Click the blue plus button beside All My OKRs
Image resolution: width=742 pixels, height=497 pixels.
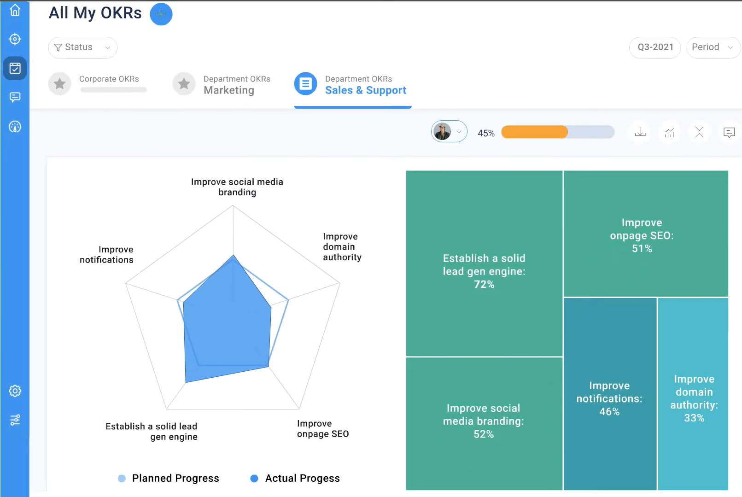(x=161, y=14)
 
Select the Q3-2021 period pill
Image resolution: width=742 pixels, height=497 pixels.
(x=655, y=47)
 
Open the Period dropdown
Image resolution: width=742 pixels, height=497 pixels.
(x=712, y=47)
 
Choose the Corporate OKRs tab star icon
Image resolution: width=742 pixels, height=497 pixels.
(x=59, y=84)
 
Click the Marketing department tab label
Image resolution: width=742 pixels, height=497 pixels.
(x=229, y=90)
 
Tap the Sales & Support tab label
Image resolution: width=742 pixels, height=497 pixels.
(x=365, y=90)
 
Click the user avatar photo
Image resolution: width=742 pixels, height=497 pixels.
(x=443, y=132)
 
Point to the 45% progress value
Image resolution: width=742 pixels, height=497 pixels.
(x=486, y=133)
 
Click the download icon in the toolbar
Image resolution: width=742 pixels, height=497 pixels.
(x=640, y=132)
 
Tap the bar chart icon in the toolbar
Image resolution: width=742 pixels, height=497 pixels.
(x=670, y=133)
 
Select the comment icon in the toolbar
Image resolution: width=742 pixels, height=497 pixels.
(x=729, y=133)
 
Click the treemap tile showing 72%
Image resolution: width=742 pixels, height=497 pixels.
(x=484, y=271)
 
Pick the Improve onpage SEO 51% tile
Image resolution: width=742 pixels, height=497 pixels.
(x=642, y=235)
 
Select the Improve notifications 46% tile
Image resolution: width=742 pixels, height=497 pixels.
(x=609, y=398)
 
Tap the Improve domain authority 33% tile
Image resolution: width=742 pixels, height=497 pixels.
(x=694, y=398)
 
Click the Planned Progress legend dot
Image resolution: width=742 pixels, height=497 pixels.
(x=122, y=479)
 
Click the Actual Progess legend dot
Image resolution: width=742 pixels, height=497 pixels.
(x=254, y=479)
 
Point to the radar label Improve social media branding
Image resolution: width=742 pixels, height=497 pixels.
(x=237, y=187)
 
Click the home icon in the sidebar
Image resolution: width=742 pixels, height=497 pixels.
(x=15, y=10)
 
